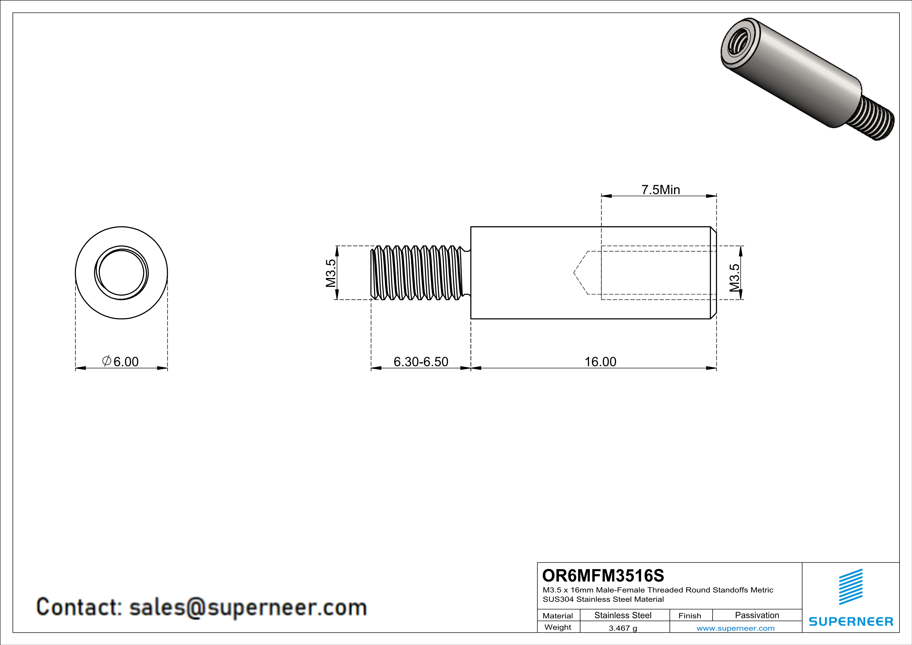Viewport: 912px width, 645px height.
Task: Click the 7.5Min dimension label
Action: [661, 190]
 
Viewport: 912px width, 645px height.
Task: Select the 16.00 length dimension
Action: [600, 362]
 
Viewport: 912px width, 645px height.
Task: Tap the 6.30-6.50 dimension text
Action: [421, 362]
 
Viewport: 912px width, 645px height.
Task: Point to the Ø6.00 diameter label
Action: [121, 362]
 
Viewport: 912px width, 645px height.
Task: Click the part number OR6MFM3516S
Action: [603, 576]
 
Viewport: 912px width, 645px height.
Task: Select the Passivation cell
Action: [757, 615]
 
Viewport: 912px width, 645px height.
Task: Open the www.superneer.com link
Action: [735, 628]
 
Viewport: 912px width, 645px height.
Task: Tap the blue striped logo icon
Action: [850, 587]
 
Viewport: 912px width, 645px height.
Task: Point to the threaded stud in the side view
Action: [417, 273]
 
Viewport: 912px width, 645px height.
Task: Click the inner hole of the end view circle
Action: [121, 273]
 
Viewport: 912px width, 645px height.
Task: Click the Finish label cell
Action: [690, 616]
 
